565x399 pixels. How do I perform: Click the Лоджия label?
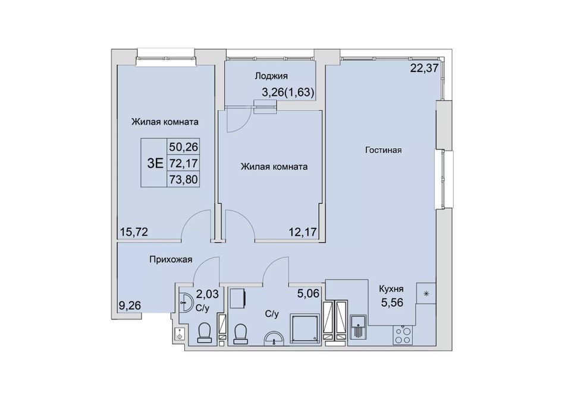[x=271, y=76]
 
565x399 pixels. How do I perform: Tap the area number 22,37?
[x=424, y=68]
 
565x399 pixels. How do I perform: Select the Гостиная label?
[x=383, y=150]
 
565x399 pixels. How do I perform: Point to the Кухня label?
[x=391, y=289]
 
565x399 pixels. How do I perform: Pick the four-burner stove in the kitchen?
[x=403, y=335]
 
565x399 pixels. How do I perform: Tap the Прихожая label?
[x=171, y=259]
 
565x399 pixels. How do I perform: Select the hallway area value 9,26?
[x=130, y=306]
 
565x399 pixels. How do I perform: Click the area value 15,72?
[x=134, y=231]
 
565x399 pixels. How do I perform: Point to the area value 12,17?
[x=303, y=231]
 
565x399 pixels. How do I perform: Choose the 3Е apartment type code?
[x=155, y=164]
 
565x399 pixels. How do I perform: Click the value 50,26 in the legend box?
[x=184, y=147]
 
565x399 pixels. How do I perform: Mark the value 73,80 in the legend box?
[x=184, y=178]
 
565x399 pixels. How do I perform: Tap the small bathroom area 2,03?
[x=207, y=294]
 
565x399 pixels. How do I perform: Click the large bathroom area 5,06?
[x=308, y=294]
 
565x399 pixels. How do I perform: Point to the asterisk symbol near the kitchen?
[x=426, y=294]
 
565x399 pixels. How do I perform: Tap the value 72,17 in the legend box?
[x=184, y=163]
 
